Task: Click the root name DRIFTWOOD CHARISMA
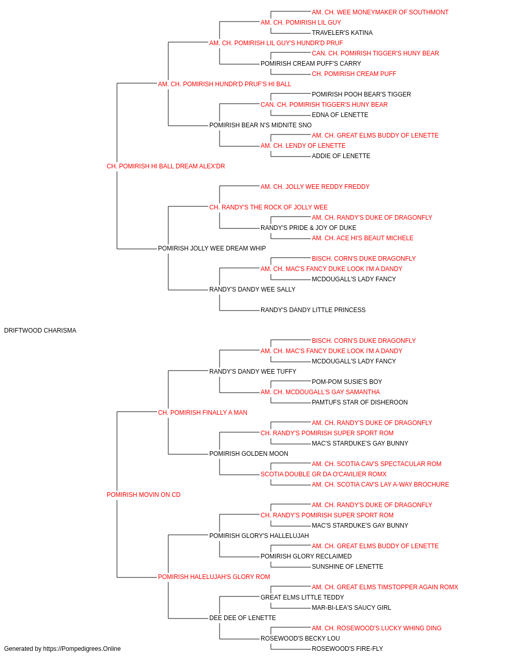click(40, 331)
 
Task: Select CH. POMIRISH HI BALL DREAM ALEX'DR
click(166, 166)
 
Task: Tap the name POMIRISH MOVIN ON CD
click(144, 495)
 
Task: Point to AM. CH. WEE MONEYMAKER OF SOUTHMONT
click(380, 12)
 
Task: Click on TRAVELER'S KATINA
click(342, 33)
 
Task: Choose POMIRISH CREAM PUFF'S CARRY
click(310, 64)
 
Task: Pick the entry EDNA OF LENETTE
click(340, 115)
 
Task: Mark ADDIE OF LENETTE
click(341, 156)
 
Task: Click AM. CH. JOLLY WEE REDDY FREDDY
click(315, 187)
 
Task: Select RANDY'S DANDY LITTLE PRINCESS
click(313, 310)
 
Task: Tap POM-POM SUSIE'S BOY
click(347, 382)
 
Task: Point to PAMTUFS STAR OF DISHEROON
click(360, 402)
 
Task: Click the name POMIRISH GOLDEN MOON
click(249, 454)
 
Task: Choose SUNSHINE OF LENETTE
click(347, 567)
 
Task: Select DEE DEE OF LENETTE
click(242, 618)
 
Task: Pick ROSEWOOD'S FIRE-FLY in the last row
click(347, 649)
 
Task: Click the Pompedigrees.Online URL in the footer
click(82, 649)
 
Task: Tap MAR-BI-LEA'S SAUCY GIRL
click(351, 608)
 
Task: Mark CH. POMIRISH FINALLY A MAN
click(203, 413)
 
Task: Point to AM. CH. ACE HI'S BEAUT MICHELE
click(363, 238)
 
